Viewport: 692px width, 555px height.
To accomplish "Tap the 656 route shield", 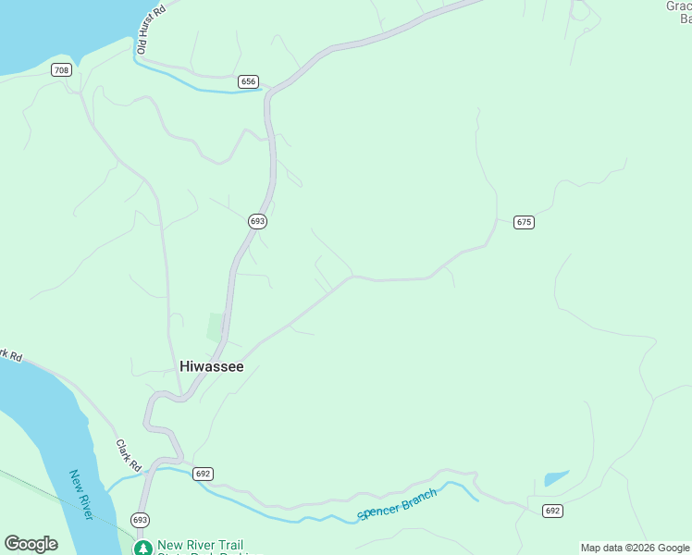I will pos(247,81).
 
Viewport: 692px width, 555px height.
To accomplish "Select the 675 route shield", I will pos(525,222).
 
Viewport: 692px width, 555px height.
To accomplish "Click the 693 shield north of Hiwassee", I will pos(257,221).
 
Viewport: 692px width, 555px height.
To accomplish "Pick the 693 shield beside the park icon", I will pos(140,519).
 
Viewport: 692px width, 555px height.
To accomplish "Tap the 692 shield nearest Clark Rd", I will pos(204,474).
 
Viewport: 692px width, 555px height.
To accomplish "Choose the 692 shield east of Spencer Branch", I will pos(552,511).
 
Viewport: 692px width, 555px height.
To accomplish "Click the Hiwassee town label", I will pos(211,366).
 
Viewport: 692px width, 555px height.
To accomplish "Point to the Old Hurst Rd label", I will pos(150,28).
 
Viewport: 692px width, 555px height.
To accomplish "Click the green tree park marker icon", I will pos(142,548).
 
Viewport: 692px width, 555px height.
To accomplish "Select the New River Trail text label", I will pos(200,545).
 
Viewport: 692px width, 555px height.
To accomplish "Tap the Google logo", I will pos(31,544).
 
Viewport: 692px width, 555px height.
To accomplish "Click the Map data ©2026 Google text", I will pos(635,548).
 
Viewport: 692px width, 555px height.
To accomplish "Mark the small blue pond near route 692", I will pos(555,478).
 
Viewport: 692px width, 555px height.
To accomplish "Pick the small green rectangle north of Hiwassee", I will pos(216,327).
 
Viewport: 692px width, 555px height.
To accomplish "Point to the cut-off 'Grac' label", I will pos(678,6).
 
